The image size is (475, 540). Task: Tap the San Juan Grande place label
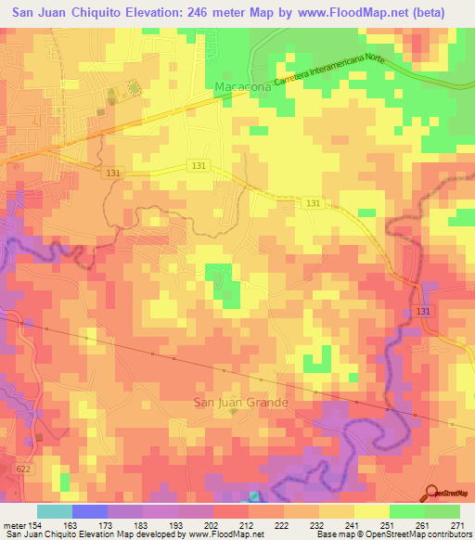click(240, 402)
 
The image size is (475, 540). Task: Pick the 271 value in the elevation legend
click(459, 524)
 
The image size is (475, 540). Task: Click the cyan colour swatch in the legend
click(55, 511)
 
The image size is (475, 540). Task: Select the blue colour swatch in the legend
click(90, 511)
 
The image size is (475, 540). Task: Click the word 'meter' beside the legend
click(13, 524)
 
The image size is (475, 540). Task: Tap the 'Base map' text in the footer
click(332, 534)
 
